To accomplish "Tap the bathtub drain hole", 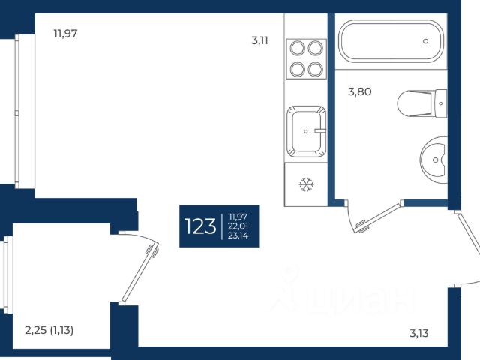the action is tap(425, 41).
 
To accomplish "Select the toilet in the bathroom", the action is tap(422, 103).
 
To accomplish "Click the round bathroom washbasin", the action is tap(433, 160).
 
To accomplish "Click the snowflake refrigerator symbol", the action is tap(307, 184).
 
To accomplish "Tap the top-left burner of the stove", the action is tap(297, 48).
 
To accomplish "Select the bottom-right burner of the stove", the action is tap(316, 69).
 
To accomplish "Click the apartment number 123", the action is tap(200, 226).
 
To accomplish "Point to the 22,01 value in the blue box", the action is tap(238, 226).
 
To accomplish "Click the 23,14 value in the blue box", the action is tap(238, 235).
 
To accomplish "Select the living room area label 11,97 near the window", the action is tap(65, 33).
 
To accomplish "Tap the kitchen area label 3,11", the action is tap(259, 40).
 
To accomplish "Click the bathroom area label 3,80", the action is tap(360, 91).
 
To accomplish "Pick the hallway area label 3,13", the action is tap(418, 333).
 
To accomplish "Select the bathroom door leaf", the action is tap(378, 217).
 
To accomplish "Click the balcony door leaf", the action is tap(139, 271).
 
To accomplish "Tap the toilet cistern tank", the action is tap(441, 103).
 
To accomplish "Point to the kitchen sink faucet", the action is tap(320, 130).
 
